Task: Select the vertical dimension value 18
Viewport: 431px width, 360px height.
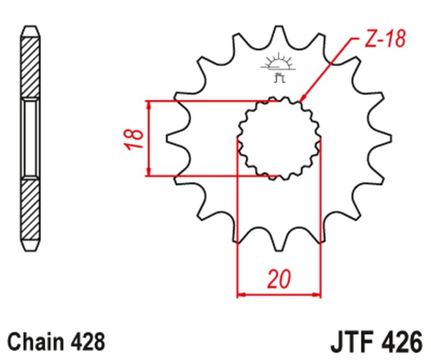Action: click(137, 139)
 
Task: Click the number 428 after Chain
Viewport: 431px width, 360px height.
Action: click(87, 342)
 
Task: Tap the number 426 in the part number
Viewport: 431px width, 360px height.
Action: click(398, 342)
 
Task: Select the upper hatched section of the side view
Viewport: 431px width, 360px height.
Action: click(31, 65)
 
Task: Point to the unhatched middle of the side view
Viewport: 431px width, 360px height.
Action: click(31, 139)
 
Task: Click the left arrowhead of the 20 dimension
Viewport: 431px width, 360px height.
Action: click(241, 295)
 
